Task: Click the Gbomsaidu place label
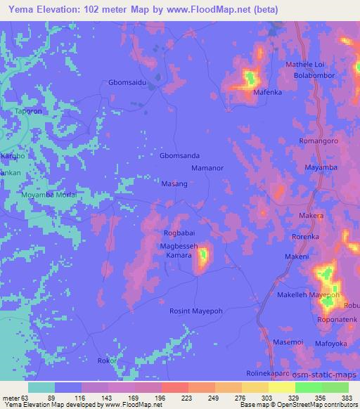[128, 82]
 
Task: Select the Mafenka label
[268, 90]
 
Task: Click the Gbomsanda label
[180, 156]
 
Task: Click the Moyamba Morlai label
[47, 195]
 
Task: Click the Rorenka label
[305, 237]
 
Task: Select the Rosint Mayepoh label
[196, 311]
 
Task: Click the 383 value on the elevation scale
[347, 397]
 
